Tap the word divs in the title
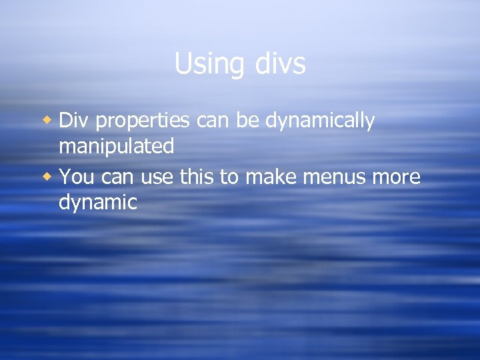[280, 65]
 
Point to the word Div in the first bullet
[73, 121]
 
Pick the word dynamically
[320, 122]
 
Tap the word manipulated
[117, 147]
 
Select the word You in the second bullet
[73, 177]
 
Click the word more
[397, 178]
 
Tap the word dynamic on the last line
[98, 203]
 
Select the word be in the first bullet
[250, 121]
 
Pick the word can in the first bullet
[215, 122]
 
